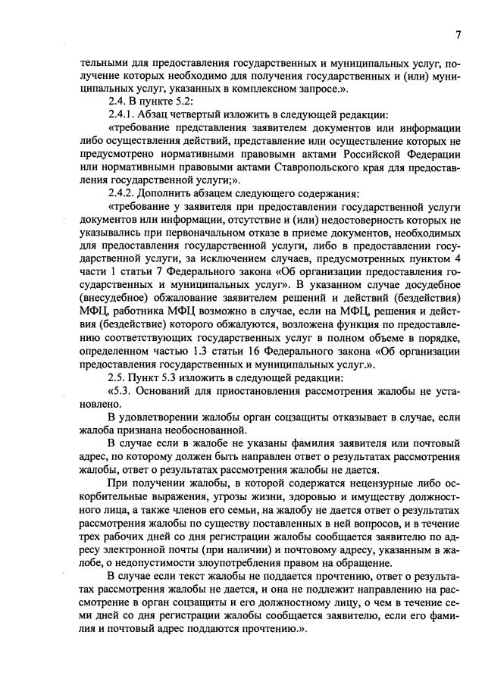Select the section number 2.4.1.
(125, 114)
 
